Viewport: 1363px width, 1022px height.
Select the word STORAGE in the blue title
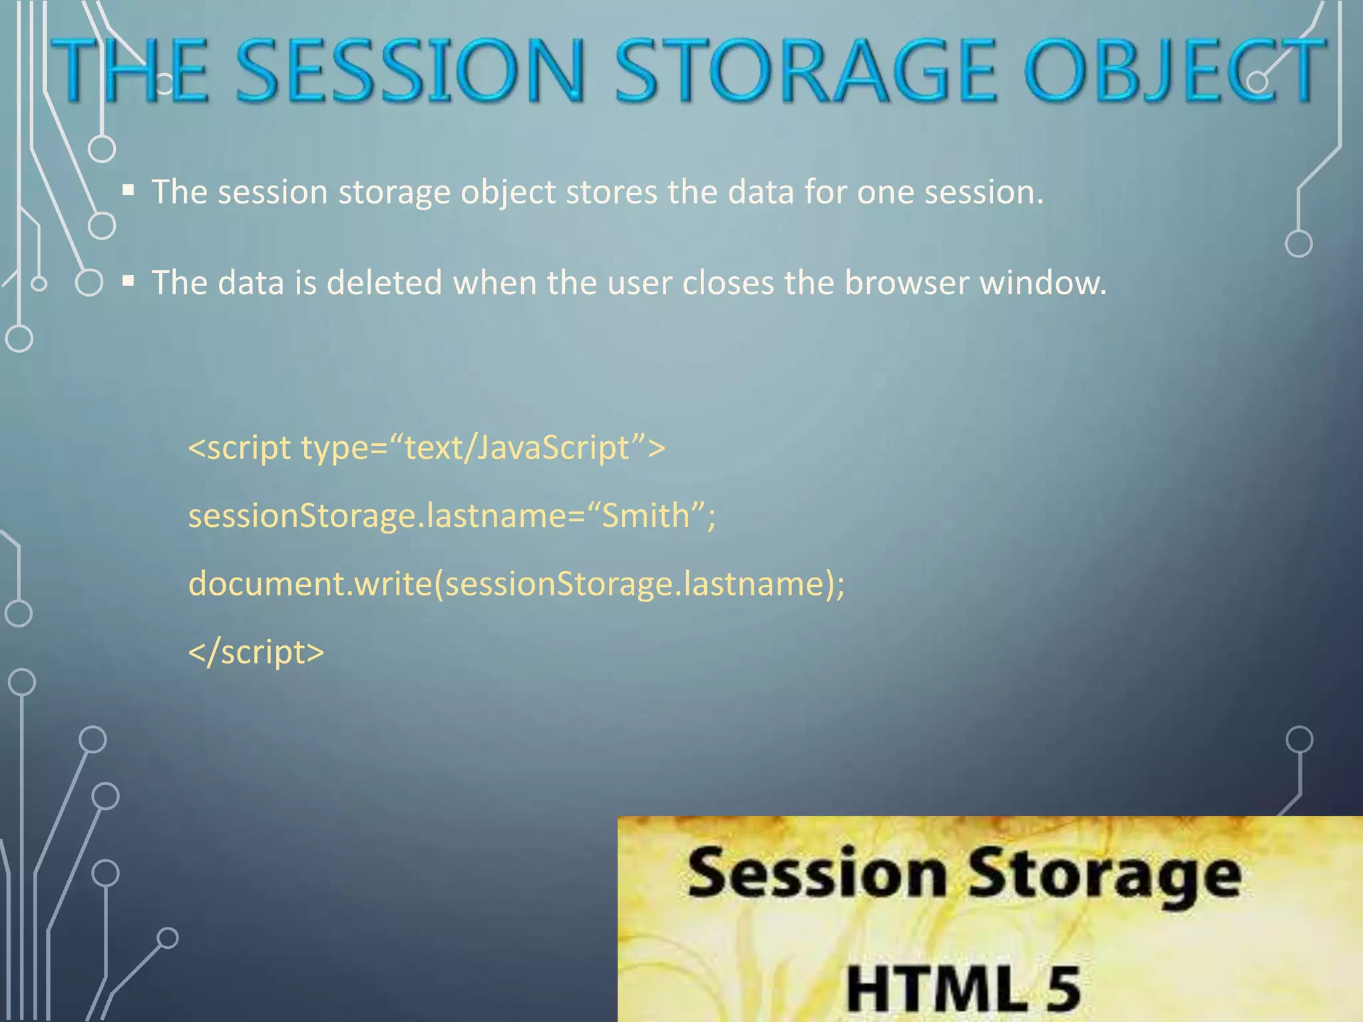805,71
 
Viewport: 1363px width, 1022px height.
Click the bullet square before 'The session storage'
128,192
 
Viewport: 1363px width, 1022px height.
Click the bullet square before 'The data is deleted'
128,282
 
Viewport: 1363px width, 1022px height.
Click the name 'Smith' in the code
646,516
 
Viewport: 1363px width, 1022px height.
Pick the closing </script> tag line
256,652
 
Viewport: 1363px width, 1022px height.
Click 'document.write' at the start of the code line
310,584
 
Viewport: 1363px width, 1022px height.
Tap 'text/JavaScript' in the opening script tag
516,447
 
